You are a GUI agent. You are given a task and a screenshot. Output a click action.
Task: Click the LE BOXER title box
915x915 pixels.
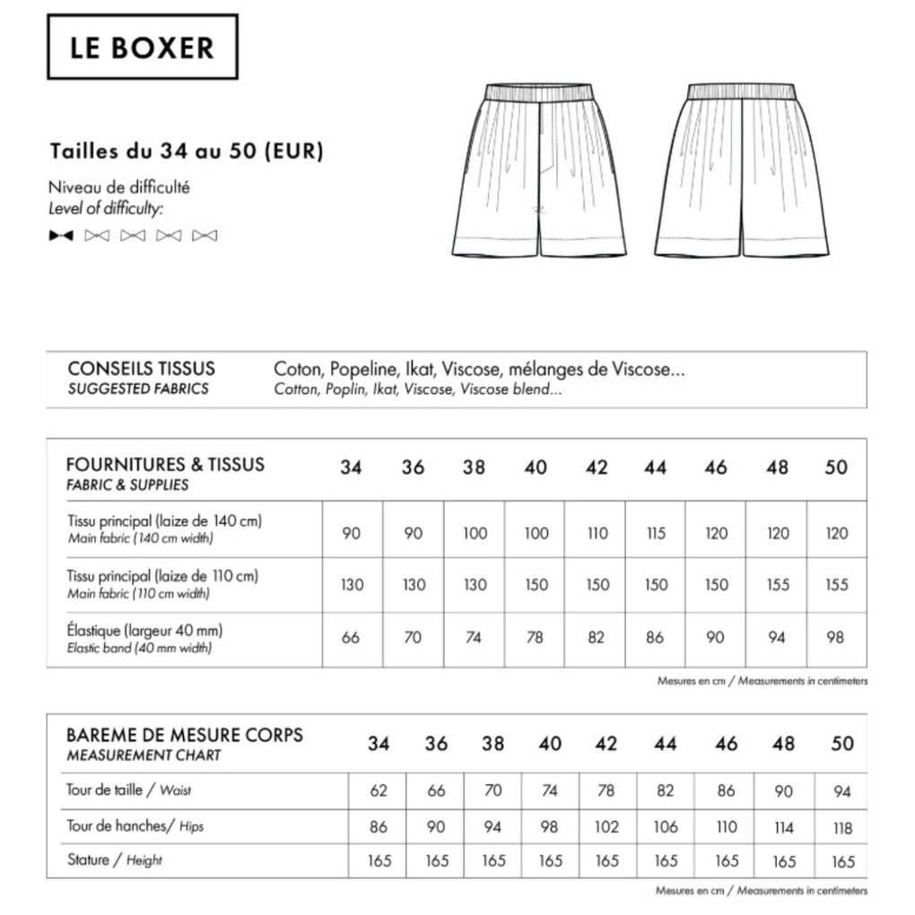142,47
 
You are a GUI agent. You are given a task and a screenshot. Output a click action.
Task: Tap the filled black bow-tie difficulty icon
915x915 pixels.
61,236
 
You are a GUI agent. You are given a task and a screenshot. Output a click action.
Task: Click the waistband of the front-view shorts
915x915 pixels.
539,92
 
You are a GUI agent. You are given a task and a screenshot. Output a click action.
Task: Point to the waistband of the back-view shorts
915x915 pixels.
742,91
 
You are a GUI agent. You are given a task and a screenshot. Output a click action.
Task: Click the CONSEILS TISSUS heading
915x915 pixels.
141,369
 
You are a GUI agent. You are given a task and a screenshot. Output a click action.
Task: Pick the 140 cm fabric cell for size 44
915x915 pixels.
656,533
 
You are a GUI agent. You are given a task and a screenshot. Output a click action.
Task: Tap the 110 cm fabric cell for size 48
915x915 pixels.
777,585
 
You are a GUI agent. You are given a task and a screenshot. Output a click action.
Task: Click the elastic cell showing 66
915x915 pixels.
351,638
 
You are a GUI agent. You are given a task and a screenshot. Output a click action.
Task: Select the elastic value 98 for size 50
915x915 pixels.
836,638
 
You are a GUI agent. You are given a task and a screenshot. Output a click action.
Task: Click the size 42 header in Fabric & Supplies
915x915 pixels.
596,467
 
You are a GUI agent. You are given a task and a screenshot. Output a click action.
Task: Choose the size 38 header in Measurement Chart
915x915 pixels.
492,744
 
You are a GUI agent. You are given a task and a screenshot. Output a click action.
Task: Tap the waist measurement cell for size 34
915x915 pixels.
379,791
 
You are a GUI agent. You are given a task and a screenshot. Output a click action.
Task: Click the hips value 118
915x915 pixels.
842,827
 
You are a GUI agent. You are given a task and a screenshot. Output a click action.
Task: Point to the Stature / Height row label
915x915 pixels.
115,860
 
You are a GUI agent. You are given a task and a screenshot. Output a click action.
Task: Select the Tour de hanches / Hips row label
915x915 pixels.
135,825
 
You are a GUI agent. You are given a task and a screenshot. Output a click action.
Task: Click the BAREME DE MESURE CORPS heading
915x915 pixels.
185,735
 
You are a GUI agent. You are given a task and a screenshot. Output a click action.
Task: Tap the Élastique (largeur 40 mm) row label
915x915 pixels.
144,630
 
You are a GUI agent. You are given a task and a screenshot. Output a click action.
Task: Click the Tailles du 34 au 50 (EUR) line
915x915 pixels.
187,150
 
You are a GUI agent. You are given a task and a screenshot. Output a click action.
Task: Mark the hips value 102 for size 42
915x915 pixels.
607,826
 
